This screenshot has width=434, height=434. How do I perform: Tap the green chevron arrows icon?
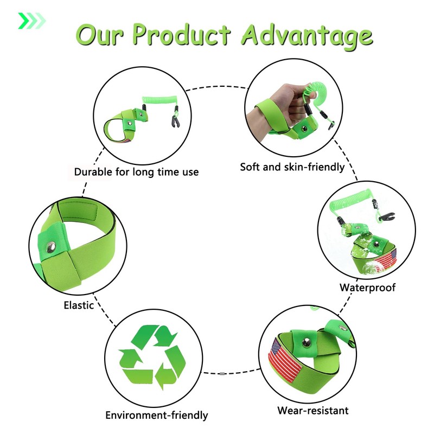pyautogui.click(x=32, y=21)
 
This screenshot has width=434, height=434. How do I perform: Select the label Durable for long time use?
pyautogui.click(x=137, y=172)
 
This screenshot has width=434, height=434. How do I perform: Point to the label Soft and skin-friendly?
pyautogui.click(x=292, y=167)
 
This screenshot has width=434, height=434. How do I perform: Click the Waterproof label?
pyautogui.click(x=368, y=288)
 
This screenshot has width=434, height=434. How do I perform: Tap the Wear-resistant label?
pyautogui.click(x=313, y=410)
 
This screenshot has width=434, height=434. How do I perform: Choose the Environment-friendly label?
pyautogui.click(x=157, y=415)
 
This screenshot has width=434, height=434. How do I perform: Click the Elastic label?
pyautogui.click(x=79, y=305)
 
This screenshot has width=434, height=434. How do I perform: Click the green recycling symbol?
pyautogui.click(x=152, y=357)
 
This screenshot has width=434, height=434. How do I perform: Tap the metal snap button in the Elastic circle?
pyautogui.click(x=51, y=247)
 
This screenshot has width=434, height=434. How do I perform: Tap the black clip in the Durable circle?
pyautogui.click(x=175, y=122)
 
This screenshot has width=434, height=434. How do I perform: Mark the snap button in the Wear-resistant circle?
pyautogui.click(x=307, y=343)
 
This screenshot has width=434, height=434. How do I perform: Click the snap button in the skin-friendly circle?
pyautogui.click(x=304, y=129)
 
